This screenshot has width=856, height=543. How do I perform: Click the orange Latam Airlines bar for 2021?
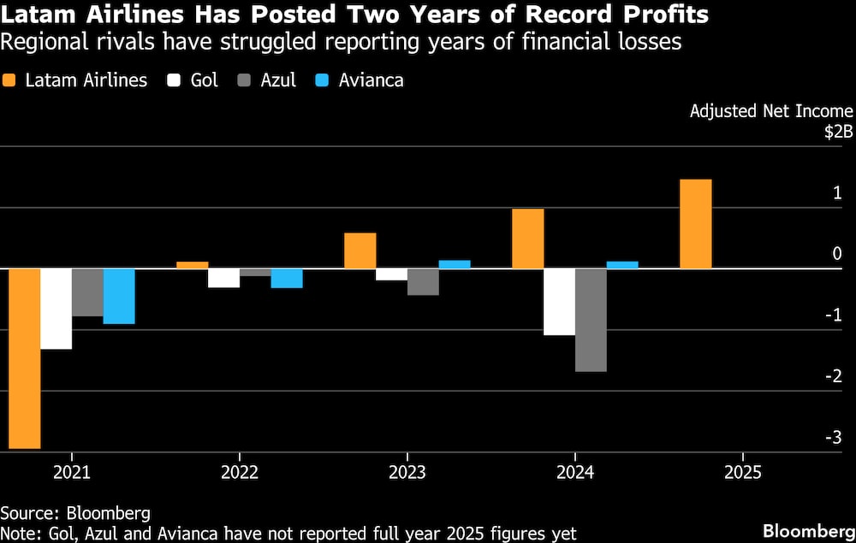pyautogui.click(x=24, y=358)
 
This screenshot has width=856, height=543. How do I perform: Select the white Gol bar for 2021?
pyautogui.click(x=56, y=309)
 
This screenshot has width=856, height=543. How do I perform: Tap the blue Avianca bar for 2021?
pyautogui.click(x=119, y=296)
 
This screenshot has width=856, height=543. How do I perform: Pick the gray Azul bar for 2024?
pyautogui.click(x=591, y=320)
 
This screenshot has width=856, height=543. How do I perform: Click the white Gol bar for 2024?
pyautogui.click(x=560, y=302)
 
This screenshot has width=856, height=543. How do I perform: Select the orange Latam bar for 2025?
pyautogui.click(x=695, y=224)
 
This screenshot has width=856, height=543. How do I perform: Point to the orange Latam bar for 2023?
pyautogui.click(x=360, y=251)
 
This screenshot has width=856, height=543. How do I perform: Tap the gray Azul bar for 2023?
pyautogui.click(x=423, y=281)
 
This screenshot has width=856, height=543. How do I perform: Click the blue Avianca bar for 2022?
pyautogui.click(x=287, y=278)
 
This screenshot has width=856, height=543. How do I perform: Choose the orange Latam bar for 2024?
pyautogui.click(x=528, y=239)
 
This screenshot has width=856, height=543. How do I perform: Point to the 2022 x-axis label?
pyautogui.click(x=239, y=471)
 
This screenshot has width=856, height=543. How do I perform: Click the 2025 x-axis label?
pyautogui.click(x=740, y=471)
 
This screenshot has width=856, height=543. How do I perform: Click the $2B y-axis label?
pyautogui.click(x=838, y=133)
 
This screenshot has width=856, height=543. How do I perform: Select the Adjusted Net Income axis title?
pyautogui.click(x=771, y=111)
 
